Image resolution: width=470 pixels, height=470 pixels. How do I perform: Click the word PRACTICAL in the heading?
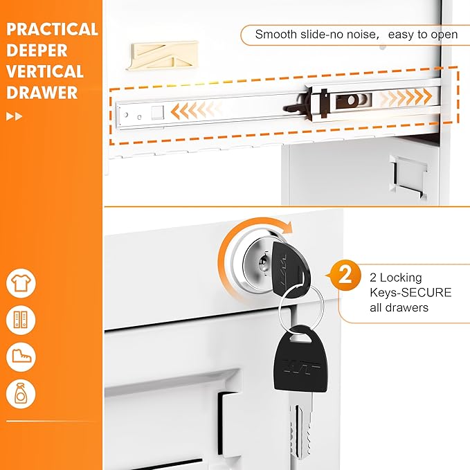(52, 29)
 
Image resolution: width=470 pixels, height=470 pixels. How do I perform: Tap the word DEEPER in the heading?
(37, 51)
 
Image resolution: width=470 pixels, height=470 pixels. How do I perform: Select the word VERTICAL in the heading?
(45, 71)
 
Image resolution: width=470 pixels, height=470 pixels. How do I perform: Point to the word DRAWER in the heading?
(42, 92)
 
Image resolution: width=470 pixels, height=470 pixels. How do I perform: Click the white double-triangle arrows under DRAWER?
(14, 116)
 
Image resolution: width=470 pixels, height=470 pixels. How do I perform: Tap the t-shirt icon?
(21, 283)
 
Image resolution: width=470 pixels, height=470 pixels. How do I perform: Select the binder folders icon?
(21, 320)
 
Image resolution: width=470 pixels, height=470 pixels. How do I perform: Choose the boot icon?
(21, 356)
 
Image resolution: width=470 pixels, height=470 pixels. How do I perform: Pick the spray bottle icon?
(21, 394)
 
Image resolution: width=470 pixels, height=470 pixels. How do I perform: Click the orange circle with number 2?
(345, 275)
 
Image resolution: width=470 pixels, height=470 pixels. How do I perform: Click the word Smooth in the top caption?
(275, 35)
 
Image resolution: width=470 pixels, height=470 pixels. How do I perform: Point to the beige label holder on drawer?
(162, 56)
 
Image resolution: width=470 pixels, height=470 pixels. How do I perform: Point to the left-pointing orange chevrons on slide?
(197, 110)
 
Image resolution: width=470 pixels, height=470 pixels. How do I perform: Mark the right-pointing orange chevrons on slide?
(406, 97)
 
